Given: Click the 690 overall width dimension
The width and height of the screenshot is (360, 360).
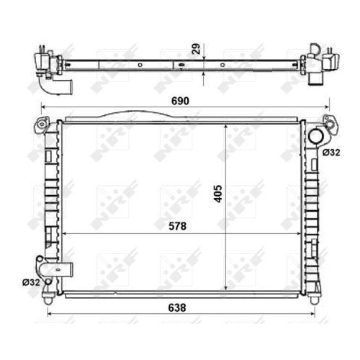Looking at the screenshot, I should click(x=181, y=102).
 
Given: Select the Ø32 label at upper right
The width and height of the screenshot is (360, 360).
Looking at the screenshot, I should click(x=331, y=152).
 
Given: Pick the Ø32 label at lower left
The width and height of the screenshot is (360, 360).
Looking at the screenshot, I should click(x=30, y=282).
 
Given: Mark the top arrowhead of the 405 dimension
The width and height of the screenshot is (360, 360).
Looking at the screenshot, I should click(x=227, y=125).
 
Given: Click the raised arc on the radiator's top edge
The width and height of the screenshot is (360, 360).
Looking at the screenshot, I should click(x=130, y=114).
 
